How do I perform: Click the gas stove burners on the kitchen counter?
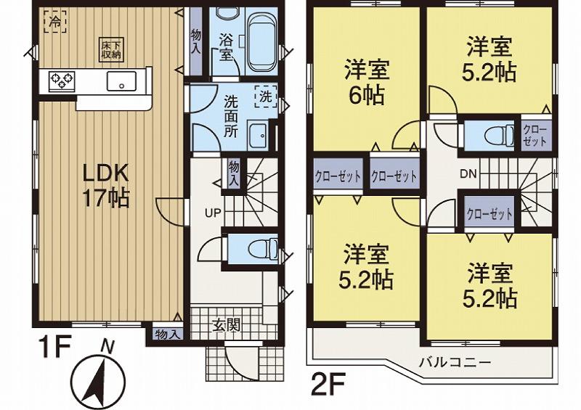[x=60, y=79]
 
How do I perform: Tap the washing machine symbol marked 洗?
[x=265, y=96]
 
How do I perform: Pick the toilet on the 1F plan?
[x=258, y=250]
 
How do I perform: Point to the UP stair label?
[x=211, y=213]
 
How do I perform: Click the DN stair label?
[x=468, y=174]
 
